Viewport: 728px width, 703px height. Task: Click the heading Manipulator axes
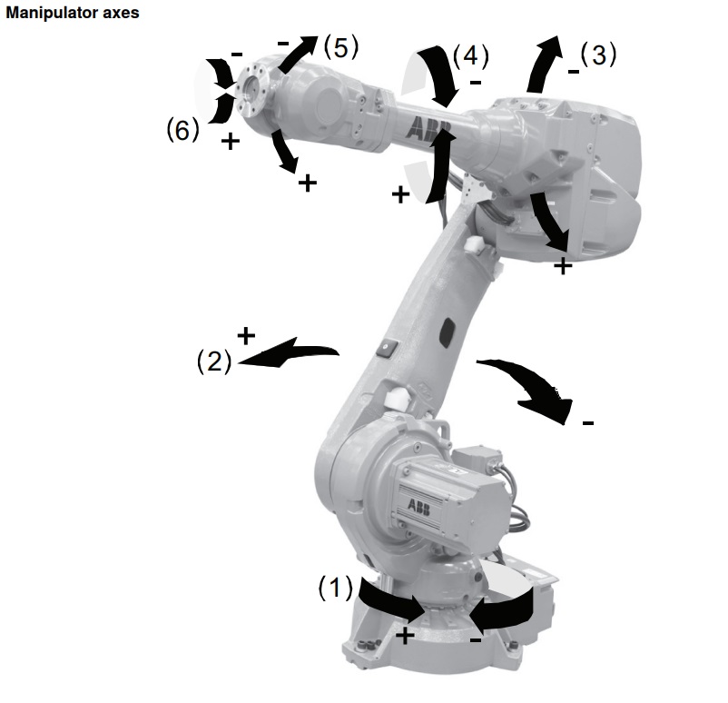[73, 13]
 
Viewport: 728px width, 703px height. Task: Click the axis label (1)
[335, 588]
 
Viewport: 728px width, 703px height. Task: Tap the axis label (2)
[214, 361]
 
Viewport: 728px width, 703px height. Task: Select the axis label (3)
[598, 54]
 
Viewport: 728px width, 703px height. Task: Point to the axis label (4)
[470, 55]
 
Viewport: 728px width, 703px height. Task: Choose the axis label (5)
[341, 47]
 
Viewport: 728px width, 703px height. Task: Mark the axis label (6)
[183, 130]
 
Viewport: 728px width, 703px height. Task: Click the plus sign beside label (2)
[246, 335]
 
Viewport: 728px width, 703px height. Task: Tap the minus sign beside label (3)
[574, 72]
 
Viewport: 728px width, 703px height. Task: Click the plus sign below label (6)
[231, 141]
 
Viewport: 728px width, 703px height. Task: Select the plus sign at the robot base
[405, 635]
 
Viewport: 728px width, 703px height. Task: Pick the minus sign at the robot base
[476, 640]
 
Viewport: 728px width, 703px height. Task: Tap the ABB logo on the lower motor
[418, 506]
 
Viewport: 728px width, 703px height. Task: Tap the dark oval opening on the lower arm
[448, 332]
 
